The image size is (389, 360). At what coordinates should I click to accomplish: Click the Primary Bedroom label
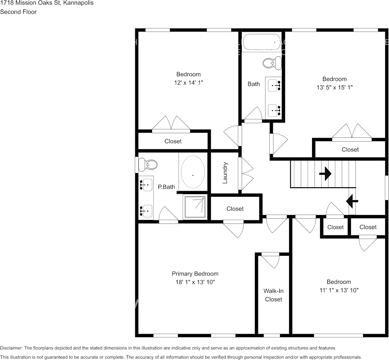[x=195, y=274]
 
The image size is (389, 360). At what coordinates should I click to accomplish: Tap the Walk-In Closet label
[x=273, y=295]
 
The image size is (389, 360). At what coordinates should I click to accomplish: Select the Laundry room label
[x=225, y=173]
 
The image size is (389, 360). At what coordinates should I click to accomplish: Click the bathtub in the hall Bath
[x=261, y=42]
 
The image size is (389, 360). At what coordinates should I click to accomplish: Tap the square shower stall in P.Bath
[x=195, y=207]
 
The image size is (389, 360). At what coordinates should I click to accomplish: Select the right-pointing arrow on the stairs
[x=325, y=174]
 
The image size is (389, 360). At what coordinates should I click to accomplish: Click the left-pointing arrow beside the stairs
[x=351, y=201]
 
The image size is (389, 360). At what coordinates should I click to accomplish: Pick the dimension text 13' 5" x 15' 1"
[x=335, y=87]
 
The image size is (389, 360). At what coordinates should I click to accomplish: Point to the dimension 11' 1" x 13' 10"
[x=338, y=290]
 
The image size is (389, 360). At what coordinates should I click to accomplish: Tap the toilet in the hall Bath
[x=272, y=63]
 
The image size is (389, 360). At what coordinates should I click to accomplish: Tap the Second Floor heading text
[x=18, y=12]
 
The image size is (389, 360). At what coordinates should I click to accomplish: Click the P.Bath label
[x=166, y=187]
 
